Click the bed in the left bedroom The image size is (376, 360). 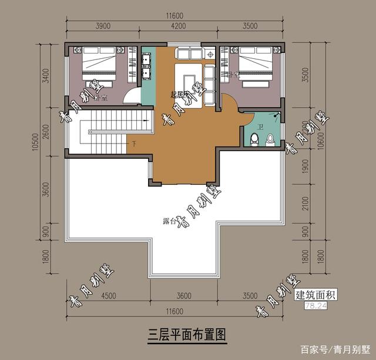tap(99, 66)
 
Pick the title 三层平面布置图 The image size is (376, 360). tap(187, 334)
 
